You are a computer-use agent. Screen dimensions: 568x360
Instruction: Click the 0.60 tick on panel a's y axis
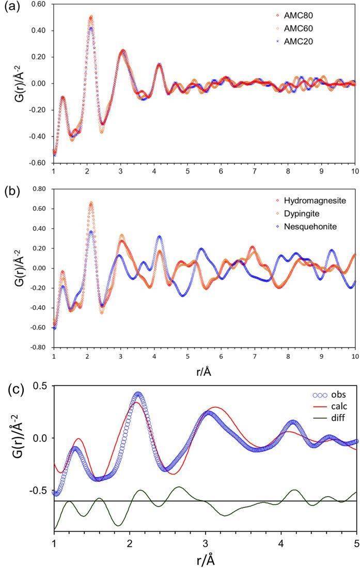coord(38,4)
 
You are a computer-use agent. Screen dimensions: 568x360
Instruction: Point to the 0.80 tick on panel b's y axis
coord(38,188)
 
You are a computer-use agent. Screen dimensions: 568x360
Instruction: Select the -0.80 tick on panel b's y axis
coord(37,348)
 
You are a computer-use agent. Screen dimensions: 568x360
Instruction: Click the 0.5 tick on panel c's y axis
coord(40,386)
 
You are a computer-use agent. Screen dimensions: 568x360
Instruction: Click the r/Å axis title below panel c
coord(205,559)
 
